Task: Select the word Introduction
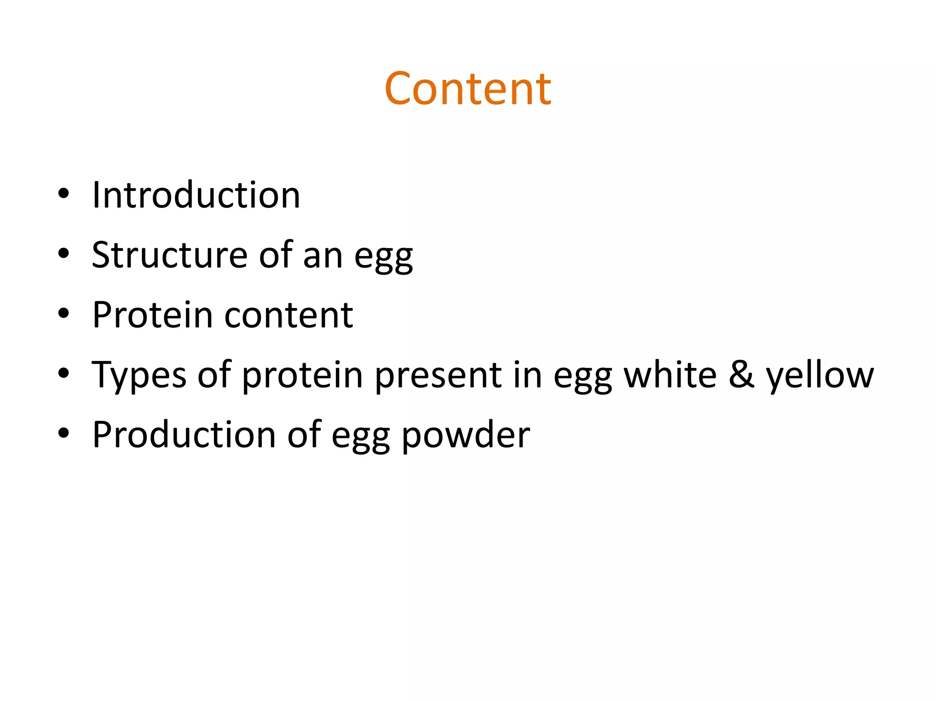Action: [196, 195]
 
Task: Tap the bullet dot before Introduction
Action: [64, 194]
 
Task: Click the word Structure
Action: [170, 255]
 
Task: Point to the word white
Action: [670, 375]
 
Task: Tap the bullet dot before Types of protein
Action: [64, 373]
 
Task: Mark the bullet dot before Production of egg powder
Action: [64, 433]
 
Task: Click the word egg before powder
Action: [361, 437]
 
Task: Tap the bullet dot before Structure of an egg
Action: [64, 254]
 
